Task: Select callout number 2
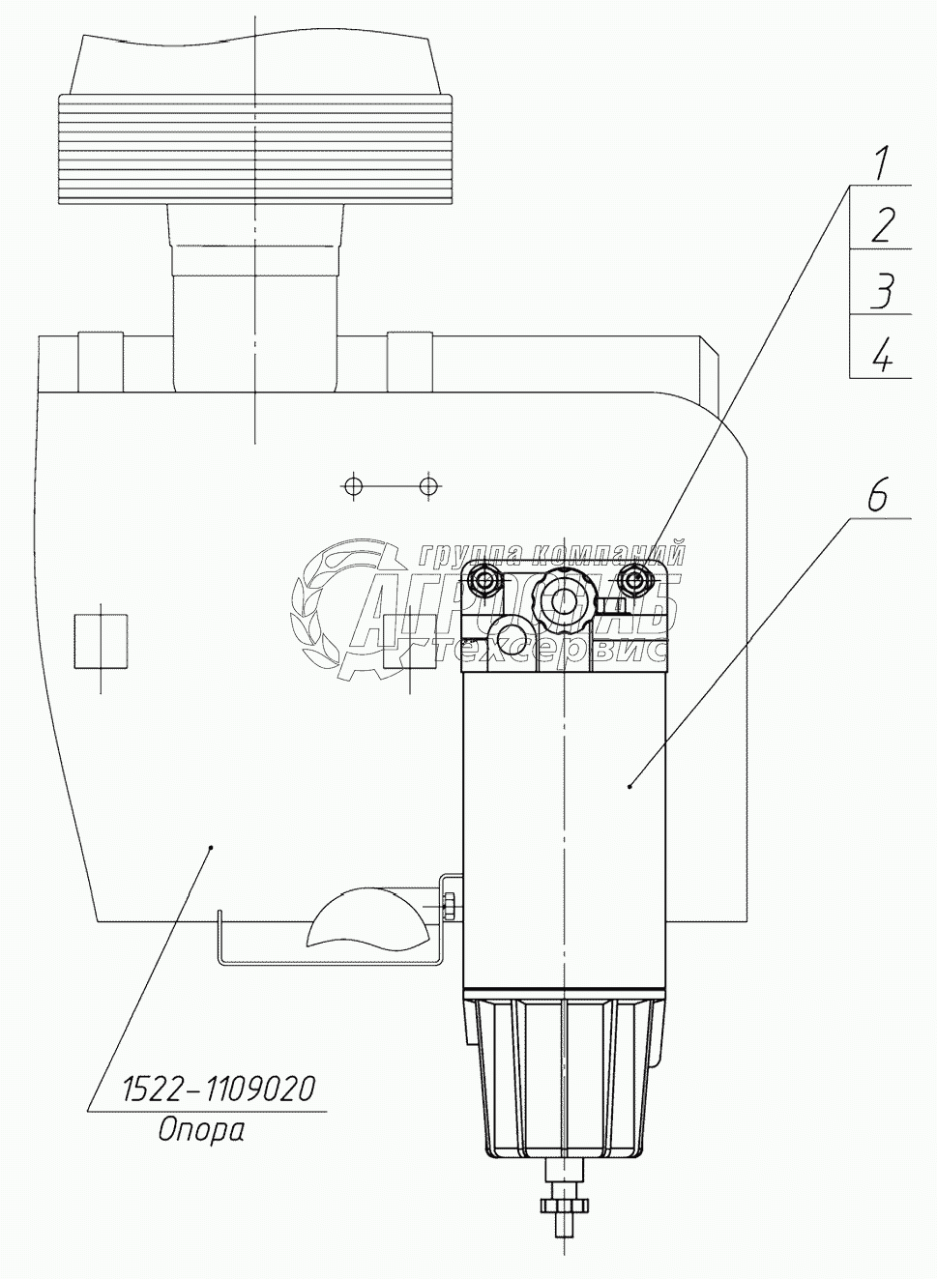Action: pyautogui.click(x=881, y=226)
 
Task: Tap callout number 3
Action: pyautogui.click(x=881, y=290)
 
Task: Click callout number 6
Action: pyautogui.click(x=876, y=497)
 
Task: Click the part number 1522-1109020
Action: pyautogui.click(x=219, y=1090)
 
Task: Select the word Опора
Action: pyautogui.click(x=201, y=1129)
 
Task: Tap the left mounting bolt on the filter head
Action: pyautogui.click(x=483, y=580)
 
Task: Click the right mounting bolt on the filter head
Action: pyautogui.click(x=634, y=582)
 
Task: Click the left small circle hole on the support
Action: pyautogui.click(x=355, y=484)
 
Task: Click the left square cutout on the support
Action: pyautogui.click(x=101, y=640)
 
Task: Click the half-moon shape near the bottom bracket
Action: pyautogui.click(x=366, y=917)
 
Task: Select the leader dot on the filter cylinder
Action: pyautogui.click(x=630, y=787)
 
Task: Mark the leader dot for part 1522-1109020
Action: pyautogui.click(x=212, y=846)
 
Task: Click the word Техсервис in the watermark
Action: pyautogui.click(x=556, y=651)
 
